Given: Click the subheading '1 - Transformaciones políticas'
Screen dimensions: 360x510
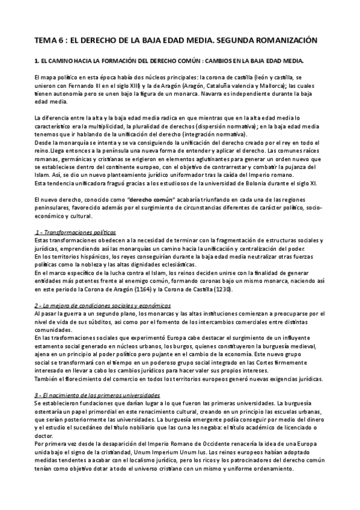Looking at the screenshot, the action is [x=76, y=232].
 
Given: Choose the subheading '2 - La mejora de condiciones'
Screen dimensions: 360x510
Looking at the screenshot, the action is [x=102, y=306].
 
